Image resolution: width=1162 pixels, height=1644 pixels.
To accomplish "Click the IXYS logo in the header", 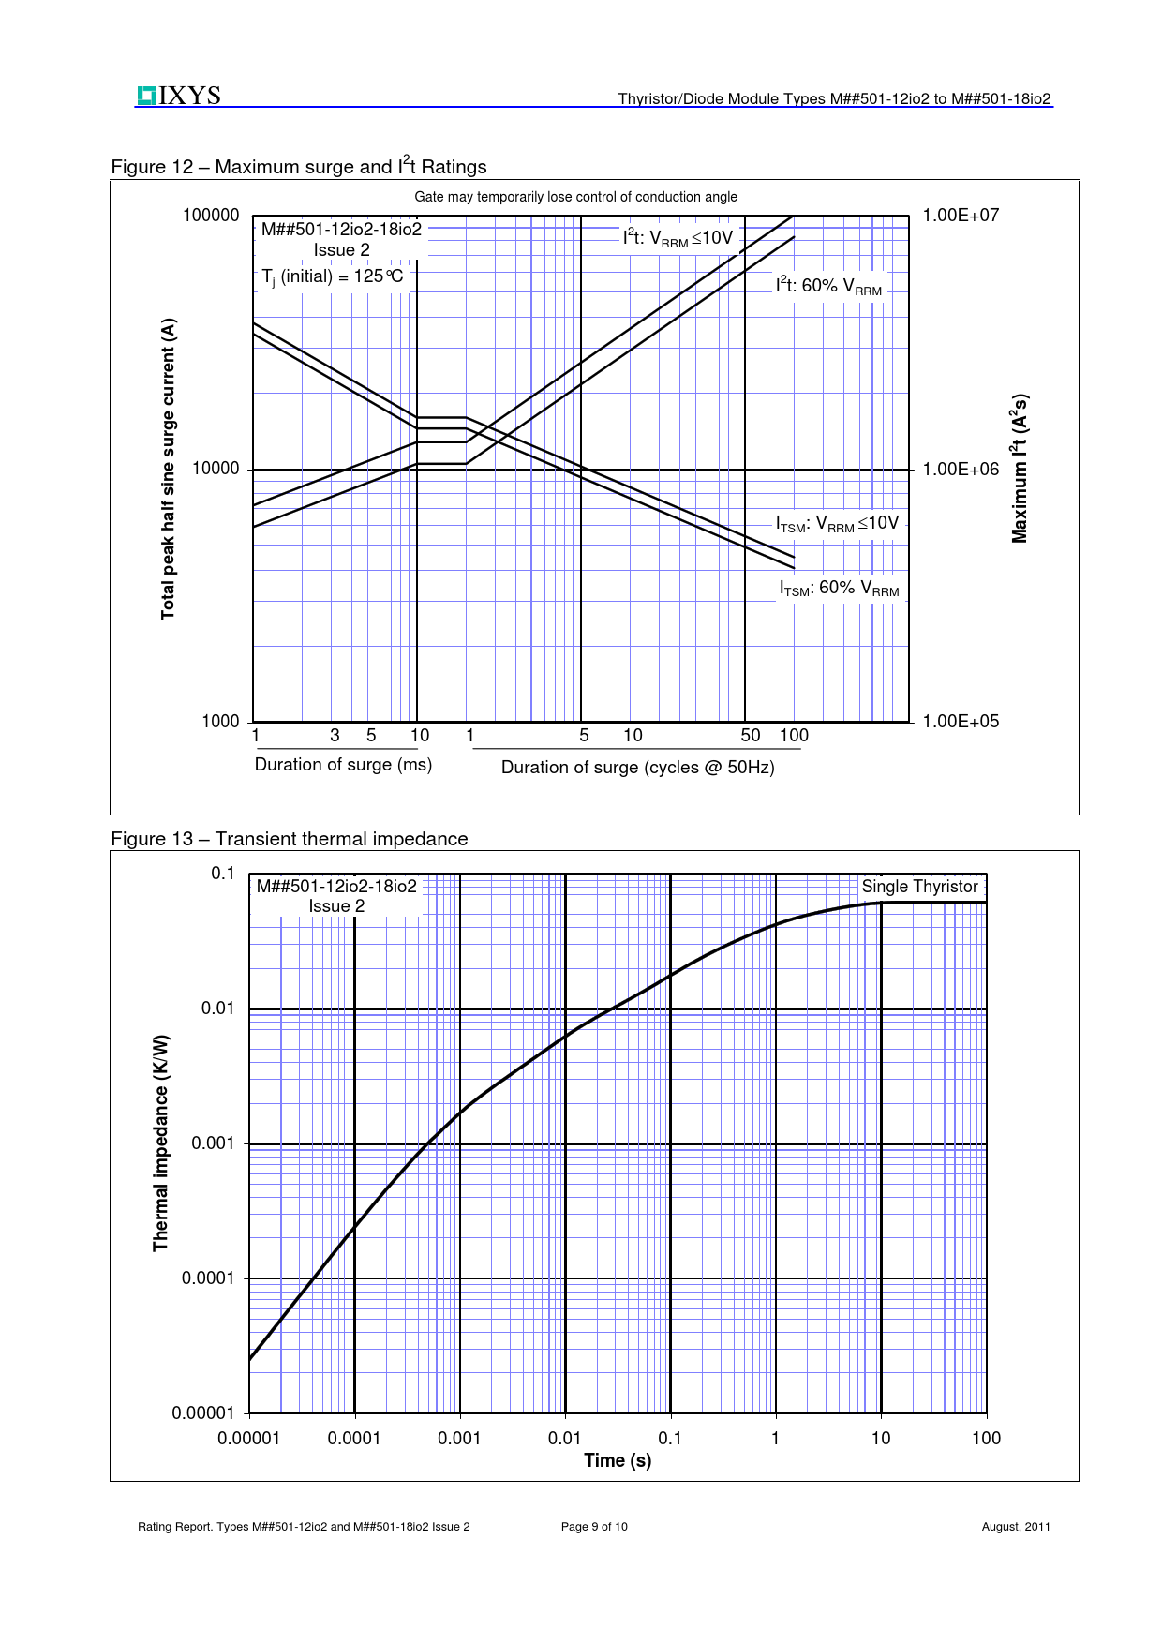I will click(x=179, y=96).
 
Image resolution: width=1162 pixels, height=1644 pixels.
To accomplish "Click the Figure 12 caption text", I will click(x=299, y=167).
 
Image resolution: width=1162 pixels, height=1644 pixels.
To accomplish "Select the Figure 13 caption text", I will click(x=290, y=839).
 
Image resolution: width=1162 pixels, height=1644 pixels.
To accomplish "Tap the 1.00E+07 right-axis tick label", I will click(x=961, y=216).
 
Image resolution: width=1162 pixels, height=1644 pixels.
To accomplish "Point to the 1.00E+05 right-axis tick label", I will click(x=961, y=722).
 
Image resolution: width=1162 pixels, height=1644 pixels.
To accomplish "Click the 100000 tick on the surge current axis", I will click(x=211, y=216).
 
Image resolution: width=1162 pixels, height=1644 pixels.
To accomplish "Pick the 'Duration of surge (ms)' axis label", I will click(x=343, y=765).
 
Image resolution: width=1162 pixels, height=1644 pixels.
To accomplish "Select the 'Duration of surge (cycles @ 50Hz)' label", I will click(x=637, y=768).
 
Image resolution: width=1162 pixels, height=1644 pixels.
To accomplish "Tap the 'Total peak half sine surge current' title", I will click(x=169, y=469).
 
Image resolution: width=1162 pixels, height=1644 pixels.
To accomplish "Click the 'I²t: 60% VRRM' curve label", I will click(x=828, y=286).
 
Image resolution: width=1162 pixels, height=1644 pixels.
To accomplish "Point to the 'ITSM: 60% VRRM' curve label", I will click(x=839, y=589).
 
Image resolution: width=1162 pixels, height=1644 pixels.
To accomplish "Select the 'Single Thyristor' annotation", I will click(x=919, y=887).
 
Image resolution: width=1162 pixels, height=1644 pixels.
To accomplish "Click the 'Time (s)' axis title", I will click(x=618, y=1460).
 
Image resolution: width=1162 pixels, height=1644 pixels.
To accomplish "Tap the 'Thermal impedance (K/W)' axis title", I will click(x=161, y=1143).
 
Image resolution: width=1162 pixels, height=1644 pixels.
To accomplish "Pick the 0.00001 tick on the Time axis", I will click(x=248, y=1439).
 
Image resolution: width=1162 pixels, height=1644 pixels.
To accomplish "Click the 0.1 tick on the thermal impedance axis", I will click(x=223, y=874).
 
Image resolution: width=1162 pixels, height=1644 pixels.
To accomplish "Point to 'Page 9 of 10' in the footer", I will click(x=594, y=1527).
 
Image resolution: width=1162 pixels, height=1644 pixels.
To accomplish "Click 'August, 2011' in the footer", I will click(x=1016, y=1527).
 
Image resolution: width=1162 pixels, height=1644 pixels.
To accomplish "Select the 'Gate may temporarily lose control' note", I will click(x=575, y=197).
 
